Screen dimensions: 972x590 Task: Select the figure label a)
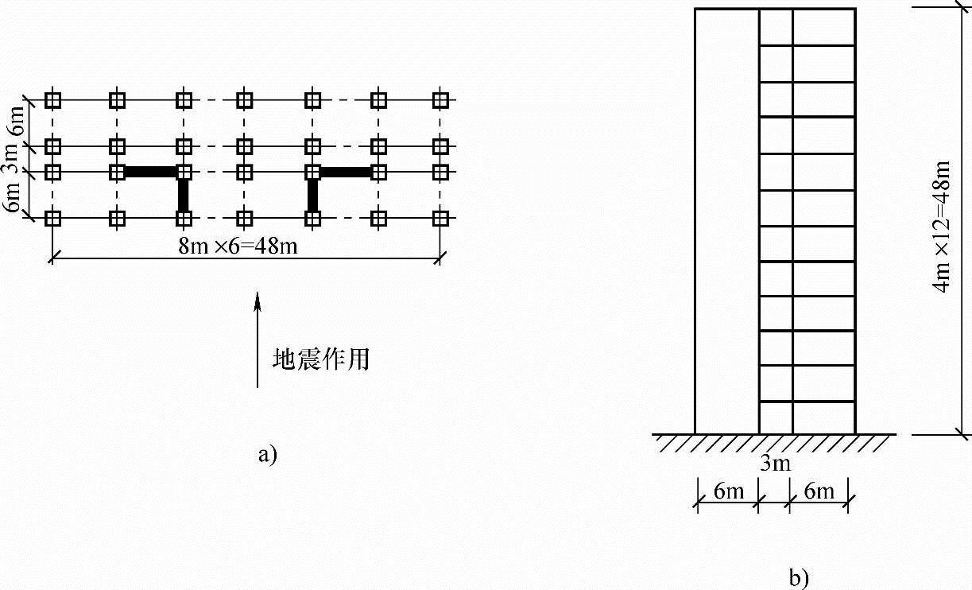click(x=267, y=455)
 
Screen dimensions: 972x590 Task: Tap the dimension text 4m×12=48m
click(x=943, y=227)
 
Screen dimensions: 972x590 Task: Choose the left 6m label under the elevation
click(x=728, y=491)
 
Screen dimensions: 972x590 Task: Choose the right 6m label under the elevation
click(x=819, y=491)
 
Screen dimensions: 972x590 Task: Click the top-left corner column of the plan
click(x=53, y=100)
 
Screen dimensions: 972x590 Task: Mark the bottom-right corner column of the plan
click(x=441, y=217)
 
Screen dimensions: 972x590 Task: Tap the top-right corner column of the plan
click(x=441, y=100)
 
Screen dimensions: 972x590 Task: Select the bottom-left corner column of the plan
click(x=53, y=217)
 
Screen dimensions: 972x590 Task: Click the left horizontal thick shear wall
click(x=149, y=172)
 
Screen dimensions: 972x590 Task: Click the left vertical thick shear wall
click(x=184, y=195)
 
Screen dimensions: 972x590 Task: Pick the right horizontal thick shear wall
click(x=346, y=172)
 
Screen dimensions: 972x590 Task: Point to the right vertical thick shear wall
click(x=312, y=195)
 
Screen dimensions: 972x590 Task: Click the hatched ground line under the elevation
click(x=775, y=442)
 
